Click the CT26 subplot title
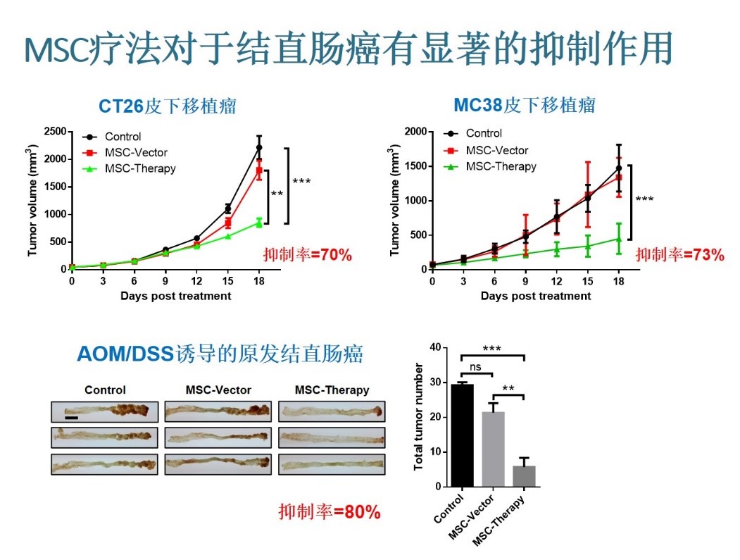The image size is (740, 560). pos(167,106)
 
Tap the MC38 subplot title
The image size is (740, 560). pos(524,106)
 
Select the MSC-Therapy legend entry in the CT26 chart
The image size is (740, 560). pos(139,168)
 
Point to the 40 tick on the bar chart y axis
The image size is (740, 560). pos(434,347)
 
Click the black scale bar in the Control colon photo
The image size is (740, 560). pos(72,418)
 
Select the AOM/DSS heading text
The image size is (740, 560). pos(220,354)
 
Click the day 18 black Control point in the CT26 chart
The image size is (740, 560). pos(259,147)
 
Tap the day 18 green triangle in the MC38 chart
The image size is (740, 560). pos(619,239)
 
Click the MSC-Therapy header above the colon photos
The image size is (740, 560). pos(332,390)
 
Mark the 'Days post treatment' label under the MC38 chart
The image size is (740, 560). pos(536,296)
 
